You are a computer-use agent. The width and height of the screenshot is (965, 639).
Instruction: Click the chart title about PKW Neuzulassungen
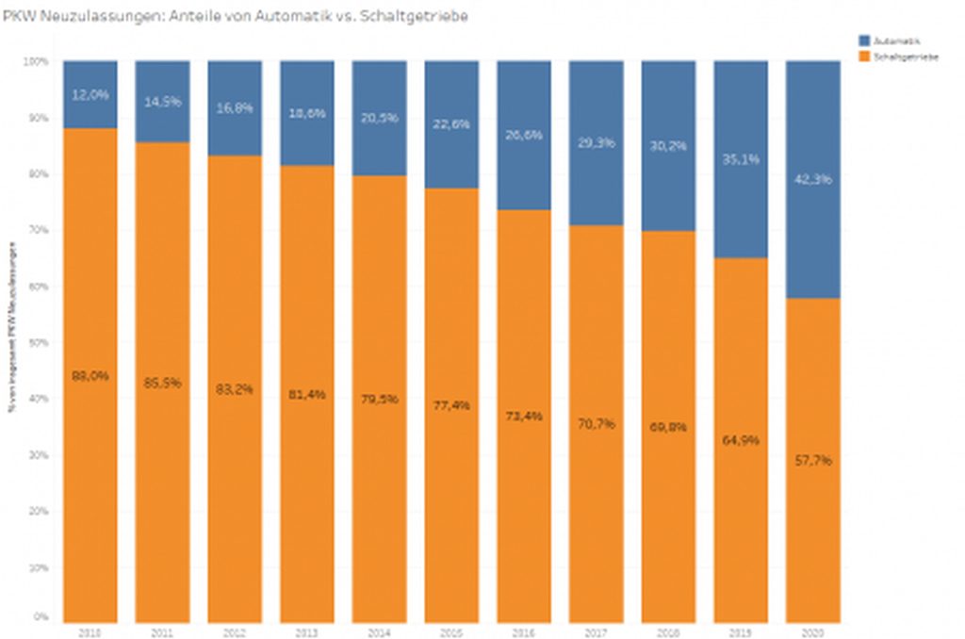[235, 16]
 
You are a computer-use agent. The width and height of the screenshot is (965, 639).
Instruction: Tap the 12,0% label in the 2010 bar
[90, 95]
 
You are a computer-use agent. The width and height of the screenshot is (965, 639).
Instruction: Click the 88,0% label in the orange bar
[90, 375]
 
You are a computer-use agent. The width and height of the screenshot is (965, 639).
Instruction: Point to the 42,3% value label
[812, 179]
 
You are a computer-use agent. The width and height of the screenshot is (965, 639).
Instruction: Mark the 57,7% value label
[812, 461]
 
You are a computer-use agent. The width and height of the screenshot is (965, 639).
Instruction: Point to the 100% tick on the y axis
[37, 61]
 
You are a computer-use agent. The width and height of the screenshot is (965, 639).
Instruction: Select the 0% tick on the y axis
[41, 617]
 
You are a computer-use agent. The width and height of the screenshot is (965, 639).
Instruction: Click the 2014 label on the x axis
[380, 631]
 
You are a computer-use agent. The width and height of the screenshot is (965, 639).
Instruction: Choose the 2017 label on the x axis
[596, 631]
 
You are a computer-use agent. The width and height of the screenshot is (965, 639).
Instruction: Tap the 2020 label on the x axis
[812, 631]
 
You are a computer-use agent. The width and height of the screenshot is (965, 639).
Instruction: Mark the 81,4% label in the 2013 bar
[307, 394]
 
